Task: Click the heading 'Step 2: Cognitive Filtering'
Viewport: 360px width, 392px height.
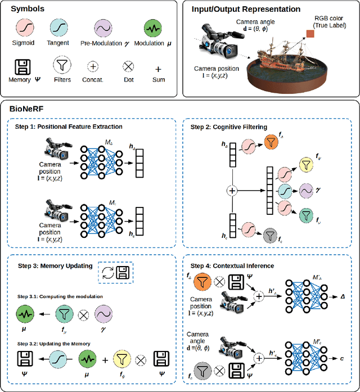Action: (229, 128)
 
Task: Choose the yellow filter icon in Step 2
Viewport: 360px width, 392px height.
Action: (306, 164)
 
